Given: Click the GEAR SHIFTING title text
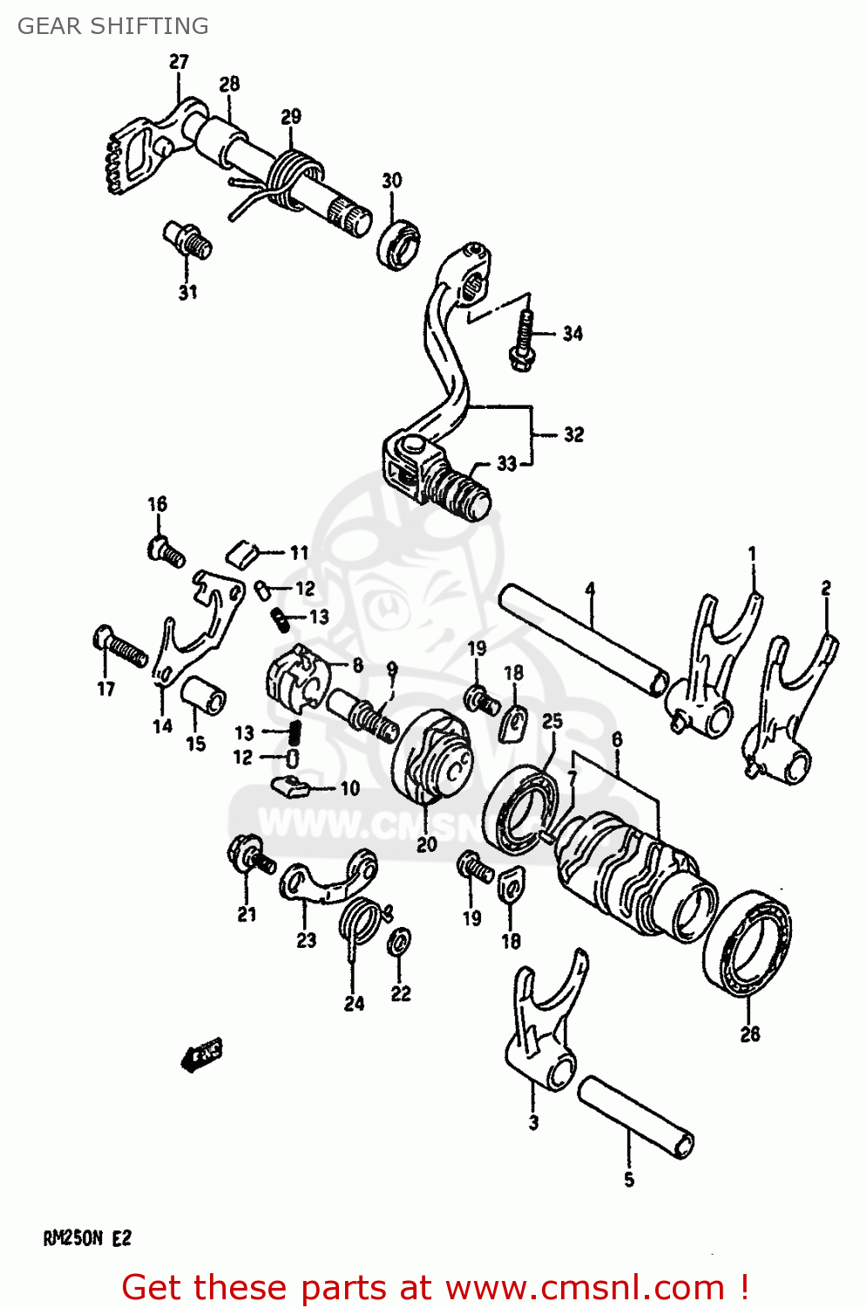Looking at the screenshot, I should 113,26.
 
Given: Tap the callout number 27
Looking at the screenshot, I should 179,62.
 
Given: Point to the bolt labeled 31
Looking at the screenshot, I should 187,238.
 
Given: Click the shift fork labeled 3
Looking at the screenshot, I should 545,1029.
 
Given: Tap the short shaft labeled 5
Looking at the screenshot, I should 636,1116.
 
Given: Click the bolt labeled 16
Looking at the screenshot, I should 165,551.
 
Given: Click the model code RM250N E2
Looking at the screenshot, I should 87,1237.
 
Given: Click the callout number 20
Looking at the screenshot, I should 426,844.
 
